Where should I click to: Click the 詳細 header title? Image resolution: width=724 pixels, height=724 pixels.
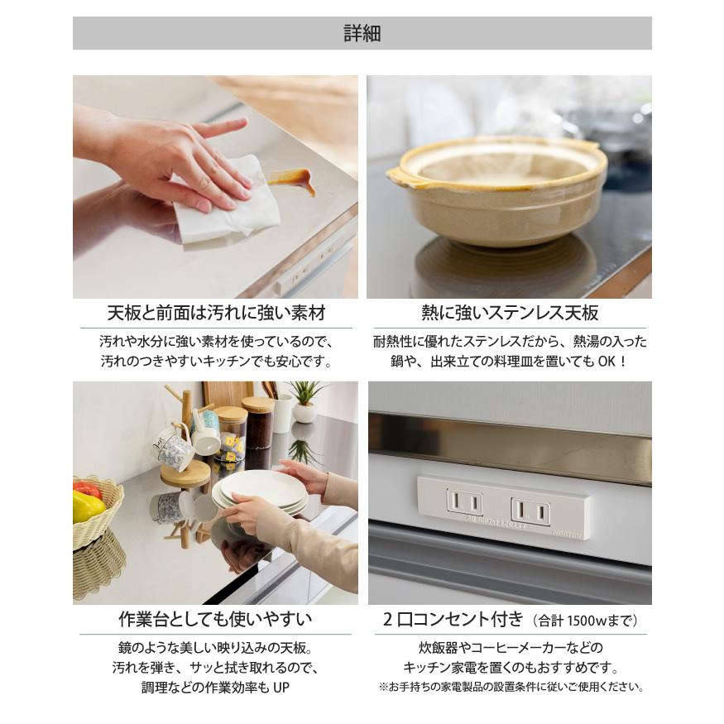362,34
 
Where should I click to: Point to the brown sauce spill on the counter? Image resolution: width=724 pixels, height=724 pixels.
293,179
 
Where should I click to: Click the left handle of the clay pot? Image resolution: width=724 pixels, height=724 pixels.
399,175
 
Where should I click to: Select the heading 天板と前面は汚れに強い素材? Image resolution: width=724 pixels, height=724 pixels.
216,313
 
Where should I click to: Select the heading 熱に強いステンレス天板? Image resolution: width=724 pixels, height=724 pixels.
510,313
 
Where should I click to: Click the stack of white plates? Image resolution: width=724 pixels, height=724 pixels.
261,491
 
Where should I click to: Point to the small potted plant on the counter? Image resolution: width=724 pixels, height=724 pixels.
304,401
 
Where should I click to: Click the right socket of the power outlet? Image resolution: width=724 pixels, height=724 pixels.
530,511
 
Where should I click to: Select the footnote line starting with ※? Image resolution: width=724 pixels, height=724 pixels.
511,687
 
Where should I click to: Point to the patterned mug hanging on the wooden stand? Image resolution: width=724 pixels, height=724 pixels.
175,451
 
